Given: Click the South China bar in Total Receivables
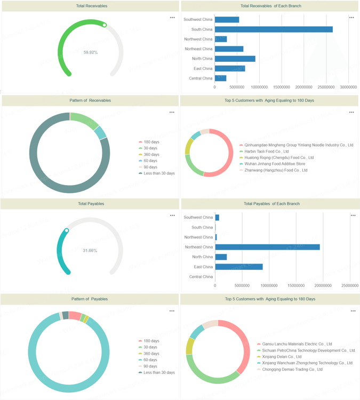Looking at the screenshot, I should point(273,29).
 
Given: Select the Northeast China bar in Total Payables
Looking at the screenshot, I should point(267,247).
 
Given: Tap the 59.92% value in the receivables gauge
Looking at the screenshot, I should point(91,52).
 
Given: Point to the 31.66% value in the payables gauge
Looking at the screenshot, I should point(90,251).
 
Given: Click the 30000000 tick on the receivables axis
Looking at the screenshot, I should point(348,87).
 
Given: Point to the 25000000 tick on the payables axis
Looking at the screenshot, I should point(349,285).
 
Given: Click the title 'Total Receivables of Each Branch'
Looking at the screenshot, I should point(270,6).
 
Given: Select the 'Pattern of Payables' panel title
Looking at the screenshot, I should point(89,299).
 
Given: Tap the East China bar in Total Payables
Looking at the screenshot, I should point(238,267).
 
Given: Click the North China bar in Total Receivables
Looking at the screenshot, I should point(235,59).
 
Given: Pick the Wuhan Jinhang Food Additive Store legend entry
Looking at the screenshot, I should point(274,164).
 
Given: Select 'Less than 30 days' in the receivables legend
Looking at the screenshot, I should point(159,173).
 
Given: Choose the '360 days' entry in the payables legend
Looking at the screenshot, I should point(151,354).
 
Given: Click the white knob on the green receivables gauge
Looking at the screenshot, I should point(105,25).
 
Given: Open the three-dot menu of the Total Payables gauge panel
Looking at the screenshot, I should point(172,215).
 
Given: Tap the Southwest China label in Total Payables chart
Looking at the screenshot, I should point(198,217).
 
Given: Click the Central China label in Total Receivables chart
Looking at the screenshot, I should point(201,78).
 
